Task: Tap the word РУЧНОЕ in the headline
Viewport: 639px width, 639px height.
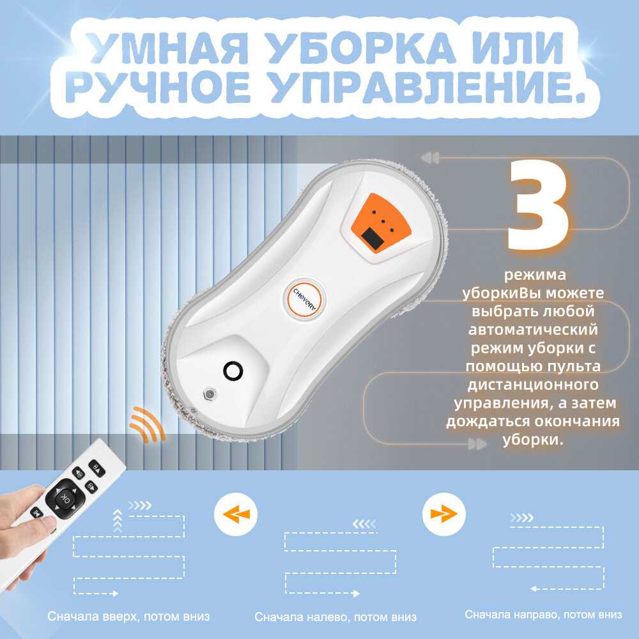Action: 158,87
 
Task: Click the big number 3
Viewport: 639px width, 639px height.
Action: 538,204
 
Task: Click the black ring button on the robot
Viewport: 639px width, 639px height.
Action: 233,371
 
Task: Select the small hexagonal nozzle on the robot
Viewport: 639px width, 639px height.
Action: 209,394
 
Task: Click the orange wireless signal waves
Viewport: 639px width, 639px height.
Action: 147,424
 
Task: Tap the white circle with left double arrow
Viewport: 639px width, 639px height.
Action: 236,514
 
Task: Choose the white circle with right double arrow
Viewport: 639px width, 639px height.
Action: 443,514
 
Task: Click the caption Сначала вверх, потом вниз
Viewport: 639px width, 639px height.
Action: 129,616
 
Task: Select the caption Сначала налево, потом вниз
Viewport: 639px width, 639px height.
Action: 336,617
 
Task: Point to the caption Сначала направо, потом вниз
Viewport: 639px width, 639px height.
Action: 544,614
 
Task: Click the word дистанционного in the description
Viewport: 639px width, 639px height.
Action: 533,384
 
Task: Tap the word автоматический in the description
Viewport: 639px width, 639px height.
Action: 533,329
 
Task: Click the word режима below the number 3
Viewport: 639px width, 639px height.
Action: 535,275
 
